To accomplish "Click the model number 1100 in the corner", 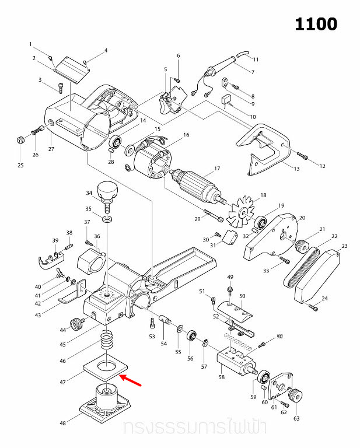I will tap(316, 24).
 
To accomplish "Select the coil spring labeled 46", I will tap(107, 340).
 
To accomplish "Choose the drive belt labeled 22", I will tap(302, 268).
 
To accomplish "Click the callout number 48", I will tap(54, 423).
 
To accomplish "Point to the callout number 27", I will tap(51, 149).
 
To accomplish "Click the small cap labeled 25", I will tap(20, 140).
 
